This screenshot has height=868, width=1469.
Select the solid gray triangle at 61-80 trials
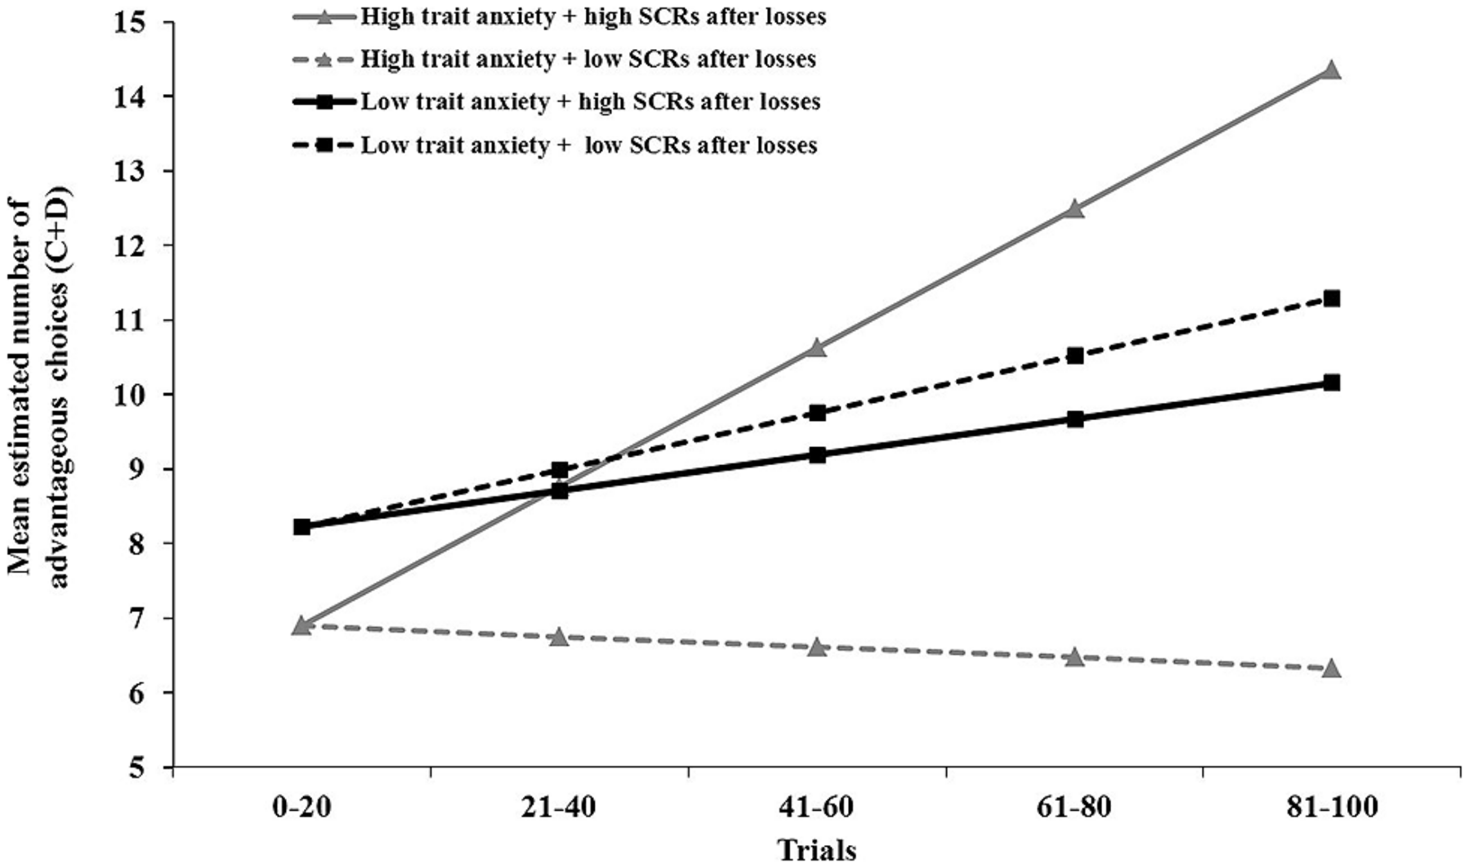1075,209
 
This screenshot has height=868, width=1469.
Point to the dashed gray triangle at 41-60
817,647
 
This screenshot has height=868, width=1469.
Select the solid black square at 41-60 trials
817,455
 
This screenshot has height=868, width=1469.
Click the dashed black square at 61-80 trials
1075,355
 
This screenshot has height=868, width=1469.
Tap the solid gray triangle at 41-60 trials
817,348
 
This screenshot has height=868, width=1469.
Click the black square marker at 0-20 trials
302,527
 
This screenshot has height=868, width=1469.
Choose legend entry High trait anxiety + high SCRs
592,17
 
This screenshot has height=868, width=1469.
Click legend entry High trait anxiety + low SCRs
587,60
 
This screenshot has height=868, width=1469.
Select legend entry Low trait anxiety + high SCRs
590,102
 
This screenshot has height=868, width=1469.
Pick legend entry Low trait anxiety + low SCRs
588,145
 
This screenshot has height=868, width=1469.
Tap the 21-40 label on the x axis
559,808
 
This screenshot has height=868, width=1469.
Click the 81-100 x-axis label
1332,808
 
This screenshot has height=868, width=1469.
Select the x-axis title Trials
817,850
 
